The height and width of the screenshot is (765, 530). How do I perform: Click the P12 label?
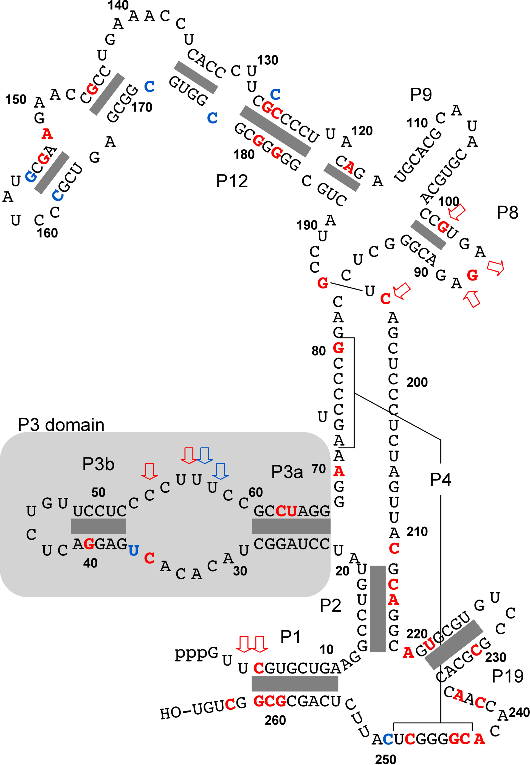coord(232,181)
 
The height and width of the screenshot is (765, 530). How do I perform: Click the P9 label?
coord(421,95)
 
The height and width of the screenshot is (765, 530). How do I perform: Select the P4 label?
coord(440,480)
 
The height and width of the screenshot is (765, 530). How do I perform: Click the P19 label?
coord(507,676)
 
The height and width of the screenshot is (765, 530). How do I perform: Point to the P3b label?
coord(98,464)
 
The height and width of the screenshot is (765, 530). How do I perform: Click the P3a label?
coord(287,472)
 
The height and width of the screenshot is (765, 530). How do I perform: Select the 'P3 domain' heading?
coord(61,425)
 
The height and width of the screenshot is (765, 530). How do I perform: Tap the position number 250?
coord(385,759)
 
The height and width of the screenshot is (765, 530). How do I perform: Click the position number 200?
coord(417,382)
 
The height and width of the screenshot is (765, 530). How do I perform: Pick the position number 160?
coord(47,233)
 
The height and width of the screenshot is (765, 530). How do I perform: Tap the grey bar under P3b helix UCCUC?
coord(98,526)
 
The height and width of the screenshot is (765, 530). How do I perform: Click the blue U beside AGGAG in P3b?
coord(134,551)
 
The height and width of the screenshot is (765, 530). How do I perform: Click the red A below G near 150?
coord(47,134)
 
